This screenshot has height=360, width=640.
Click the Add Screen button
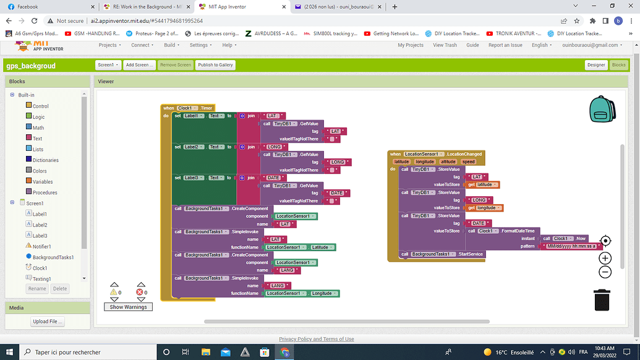tap(139, 65)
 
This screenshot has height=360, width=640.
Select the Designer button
tap(596, 65)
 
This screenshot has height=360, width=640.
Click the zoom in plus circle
tap(605, 259)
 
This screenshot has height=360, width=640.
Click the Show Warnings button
tap(129, 307)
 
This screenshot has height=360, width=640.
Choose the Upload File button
tap(48, 321)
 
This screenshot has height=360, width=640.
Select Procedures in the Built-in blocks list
tap(45, 192)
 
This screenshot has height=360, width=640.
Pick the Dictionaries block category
tap(46, 160)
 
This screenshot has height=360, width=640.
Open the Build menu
tap(171, 45)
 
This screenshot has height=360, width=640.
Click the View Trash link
tap(445, 45)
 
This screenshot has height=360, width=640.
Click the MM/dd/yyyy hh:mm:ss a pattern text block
tap(571, 246)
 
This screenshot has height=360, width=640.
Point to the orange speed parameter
tap(469, 161)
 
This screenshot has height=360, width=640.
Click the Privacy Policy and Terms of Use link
tap(317, 339)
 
